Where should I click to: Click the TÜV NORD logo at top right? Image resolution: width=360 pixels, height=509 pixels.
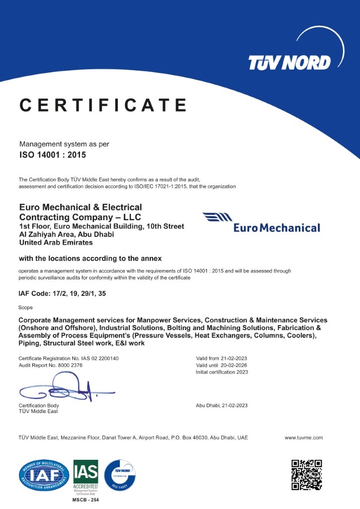click(x=289, y=63)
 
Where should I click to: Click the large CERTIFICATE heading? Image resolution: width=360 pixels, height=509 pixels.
click(x=103, y=105)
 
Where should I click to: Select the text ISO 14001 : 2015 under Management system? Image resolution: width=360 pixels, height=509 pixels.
click(x=52, y=155)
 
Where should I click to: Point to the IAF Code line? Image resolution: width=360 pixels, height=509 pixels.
click(x=62, y=293)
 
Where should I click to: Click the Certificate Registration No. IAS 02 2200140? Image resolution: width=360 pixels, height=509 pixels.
click(x=69, y=358)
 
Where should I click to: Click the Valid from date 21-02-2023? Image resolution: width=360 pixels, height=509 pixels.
click(x=222, y=358)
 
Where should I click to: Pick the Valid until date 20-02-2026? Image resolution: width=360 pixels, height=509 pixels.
click(x=222, y=365)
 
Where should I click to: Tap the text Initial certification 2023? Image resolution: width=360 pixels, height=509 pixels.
click(x=222, y=372)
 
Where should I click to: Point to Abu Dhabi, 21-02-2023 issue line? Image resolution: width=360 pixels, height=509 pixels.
click(x=222, y=406)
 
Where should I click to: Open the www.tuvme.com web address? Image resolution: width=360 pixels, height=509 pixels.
click(x=303, y=437)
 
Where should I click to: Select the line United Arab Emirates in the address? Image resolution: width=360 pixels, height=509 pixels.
click(x=55, y=243)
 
